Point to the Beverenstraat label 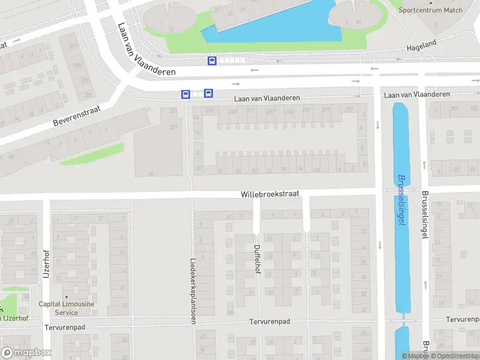point(77,113)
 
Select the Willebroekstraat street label point(269,194)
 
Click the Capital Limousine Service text point(66,308)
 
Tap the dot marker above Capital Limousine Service point(66,296)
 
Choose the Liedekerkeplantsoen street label point(193,274)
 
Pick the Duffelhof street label point(257,257)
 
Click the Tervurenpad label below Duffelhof point(269,322)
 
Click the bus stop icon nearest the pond point(212,61)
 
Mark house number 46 point(151,173)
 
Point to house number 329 point(174,127)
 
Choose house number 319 point(210,111)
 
